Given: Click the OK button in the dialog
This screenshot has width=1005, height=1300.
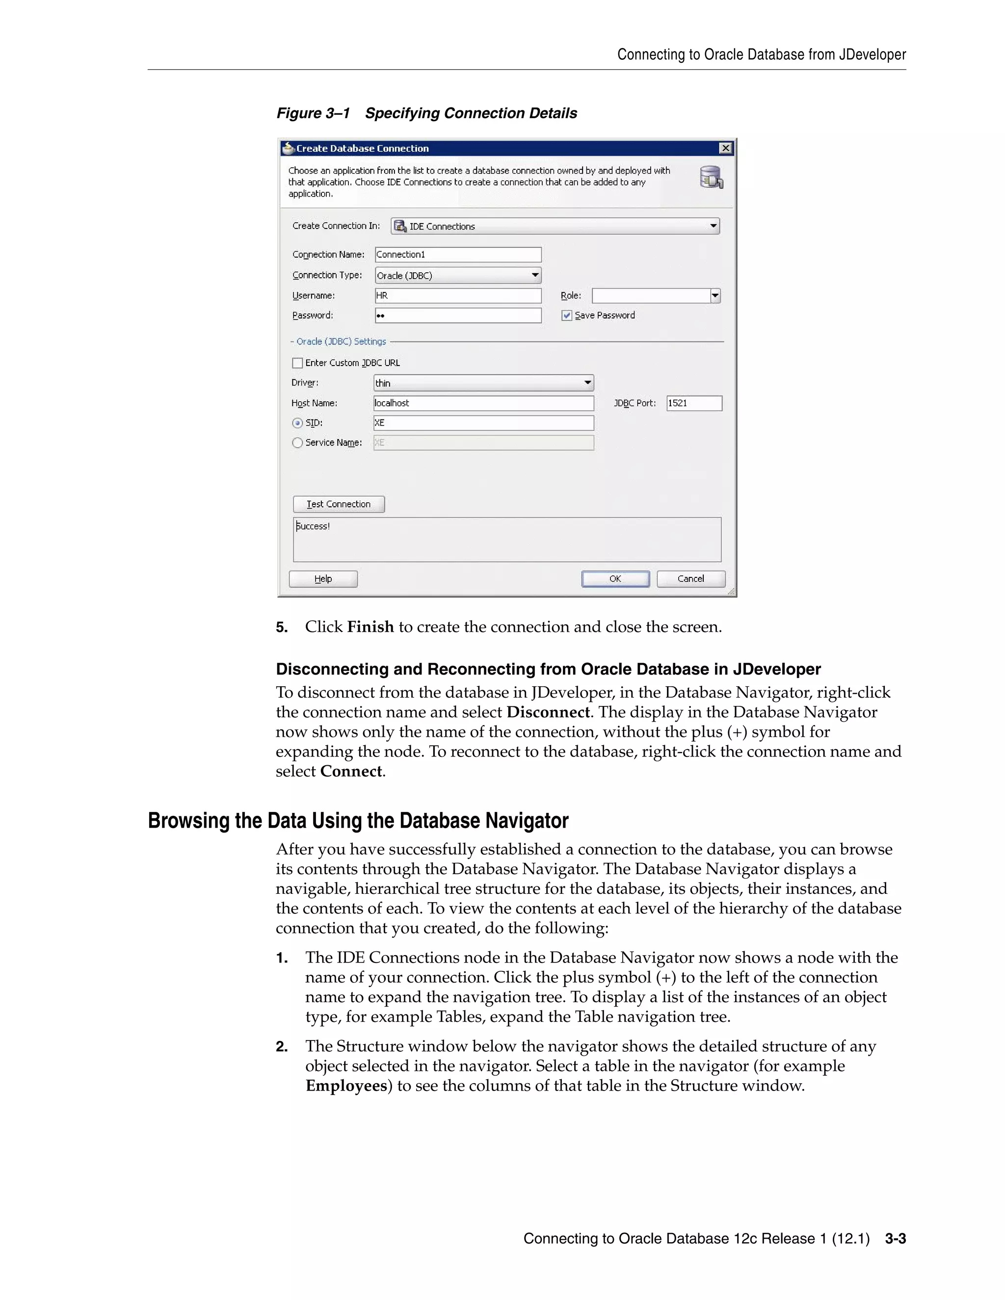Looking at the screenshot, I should (x=615, y=578).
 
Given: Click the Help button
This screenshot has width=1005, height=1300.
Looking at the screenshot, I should (x=323, y=578).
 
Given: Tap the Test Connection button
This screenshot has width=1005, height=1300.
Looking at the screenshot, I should (x=338, y=504).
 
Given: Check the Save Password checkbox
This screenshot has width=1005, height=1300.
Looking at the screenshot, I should (x=567, y=315).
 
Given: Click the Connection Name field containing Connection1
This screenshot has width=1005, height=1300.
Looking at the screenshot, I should (x=458, y=255).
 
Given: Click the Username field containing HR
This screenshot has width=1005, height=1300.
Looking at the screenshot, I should (x=458, y=296).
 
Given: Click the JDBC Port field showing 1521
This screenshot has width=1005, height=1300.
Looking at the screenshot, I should (x=693, y=403).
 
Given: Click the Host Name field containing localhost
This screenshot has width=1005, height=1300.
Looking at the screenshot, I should (x=483, y=403).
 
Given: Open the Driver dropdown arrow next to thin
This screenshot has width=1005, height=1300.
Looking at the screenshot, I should (x=587, y=383).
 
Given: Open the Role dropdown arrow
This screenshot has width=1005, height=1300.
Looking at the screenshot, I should (x=715, y=296).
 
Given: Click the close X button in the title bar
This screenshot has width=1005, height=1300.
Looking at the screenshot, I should (x=725, y=148).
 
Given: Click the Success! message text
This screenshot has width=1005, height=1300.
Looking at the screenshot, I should (x=313, y=526).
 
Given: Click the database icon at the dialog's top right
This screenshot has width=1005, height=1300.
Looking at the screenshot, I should (x=711, y=178).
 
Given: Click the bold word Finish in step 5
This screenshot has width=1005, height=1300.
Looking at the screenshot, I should (x=370, y=627).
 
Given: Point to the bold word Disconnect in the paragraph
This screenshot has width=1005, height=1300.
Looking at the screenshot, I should (x=548, y=712).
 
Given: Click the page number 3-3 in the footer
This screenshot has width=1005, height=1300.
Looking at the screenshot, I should (x=895, y=1239).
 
